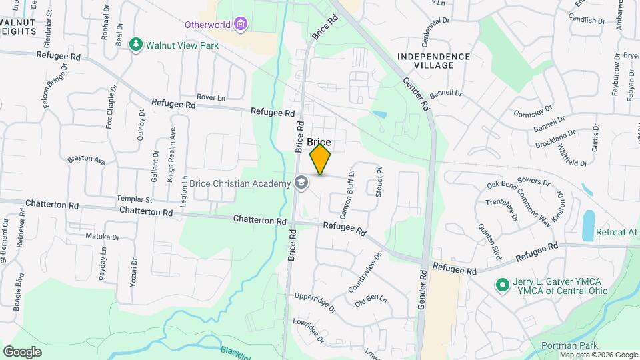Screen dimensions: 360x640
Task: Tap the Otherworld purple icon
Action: (241, 25)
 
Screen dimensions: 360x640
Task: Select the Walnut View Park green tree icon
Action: (136, 45)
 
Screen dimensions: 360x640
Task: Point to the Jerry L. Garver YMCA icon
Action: (501, 284)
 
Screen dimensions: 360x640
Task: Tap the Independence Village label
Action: (434, 61)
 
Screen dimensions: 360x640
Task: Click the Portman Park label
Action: (563, 345)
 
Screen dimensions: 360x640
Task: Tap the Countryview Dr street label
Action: (365, 269)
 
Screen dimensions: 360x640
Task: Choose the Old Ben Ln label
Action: (371, 300)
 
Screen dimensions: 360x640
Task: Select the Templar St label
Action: (135, 199)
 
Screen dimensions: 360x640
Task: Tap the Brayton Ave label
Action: (86, 161)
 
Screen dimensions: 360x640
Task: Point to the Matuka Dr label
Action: (102, 237)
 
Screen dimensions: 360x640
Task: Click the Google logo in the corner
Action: (22, 351)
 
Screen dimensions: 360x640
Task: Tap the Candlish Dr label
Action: (587, 21)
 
